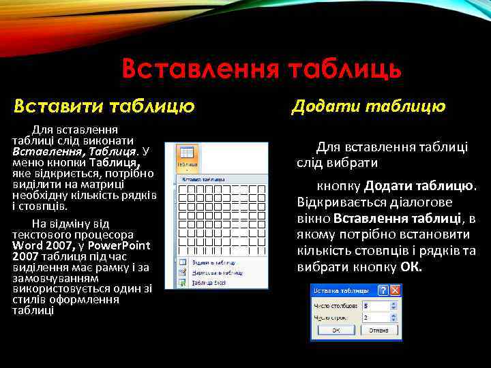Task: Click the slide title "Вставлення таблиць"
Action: [261, 69]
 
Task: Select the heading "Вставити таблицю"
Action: [104, 106]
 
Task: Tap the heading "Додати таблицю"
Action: [368, 106]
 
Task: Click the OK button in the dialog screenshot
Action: [336, 330]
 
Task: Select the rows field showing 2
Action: [374, 317]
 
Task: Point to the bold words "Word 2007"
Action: [35, 245]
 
